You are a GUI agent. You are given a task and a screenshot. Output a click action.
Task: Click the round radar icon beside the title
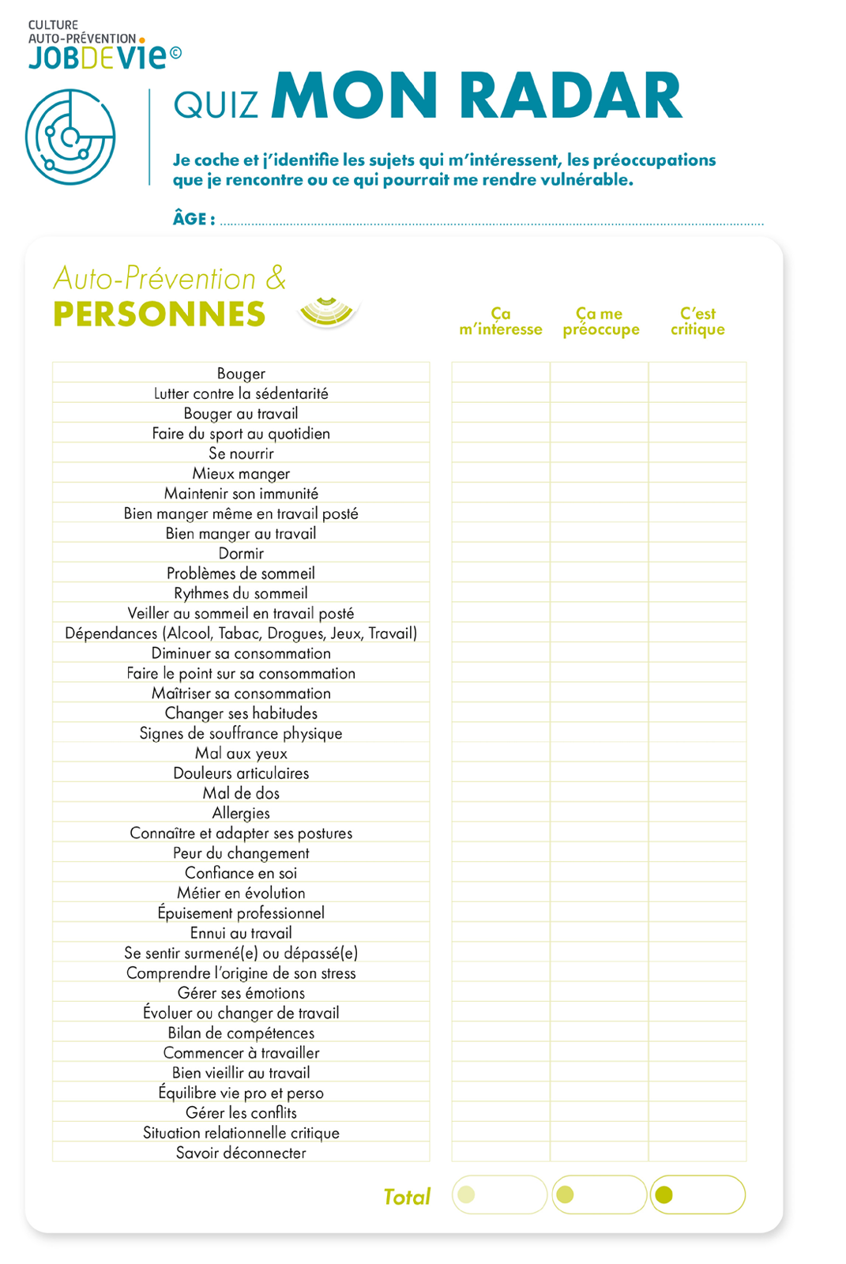(x=70, y=137)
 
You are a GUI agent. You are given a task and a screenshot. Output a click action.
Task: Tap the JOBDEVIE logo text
(x=98, y=58)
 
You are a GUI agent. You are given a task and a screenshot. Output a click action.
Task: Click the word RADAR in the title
(x=570, y=96)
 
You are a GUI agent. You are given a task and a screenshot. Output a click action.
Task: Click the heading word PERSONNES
(x=160, y=314)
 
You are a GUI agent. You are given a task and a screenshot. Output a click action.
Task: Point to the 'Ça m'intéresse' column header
(x=501, y=322)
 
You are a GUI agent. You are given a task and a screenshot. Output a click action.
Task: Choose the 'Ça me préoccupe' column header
(x=600, y=322)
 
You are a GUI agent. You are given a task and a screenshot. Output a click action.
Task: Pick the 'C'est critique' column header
(x=697, y=322)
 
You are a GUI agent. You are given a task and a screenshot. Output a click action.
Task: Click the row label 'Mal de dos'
(x=241, y=793)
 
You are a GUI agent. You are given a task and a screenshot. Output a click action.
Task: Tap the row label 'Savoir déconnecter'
(x=241, y=1153)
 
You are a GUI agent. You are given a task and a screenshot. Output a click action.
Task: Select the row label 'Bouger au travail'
(x=241, y=413)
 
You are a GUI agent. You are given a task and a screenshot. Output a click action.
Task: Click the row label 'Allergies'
(x=241, y=813)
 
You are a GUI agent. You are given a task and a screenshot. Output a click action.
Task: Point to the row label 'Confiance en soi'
(x=241, y=873)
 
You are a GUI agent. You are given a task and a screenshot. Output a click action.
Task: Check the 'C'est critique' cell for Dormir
(x=697, y=553)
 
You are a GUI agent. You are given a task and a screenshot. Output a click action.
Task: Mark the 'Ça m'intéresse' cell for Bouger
(x=501, y=373)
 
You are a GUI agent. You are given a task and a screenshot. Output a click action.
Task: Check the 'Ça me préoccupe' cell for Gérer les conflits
(x=600, y=1112)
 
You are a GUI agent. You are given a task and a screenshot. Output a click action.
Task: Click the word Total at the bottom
(x=407, y=1197)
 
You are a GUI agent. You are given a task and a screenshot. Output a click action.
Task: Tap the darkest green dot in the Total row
(x=664, y=1194)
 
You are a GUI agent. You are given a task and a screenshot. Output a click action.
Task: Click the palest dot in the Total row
(x=466, y=1194)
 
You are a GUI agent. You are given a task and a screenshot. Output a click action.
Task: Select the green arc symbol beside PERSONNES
(x=327, y=311)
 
